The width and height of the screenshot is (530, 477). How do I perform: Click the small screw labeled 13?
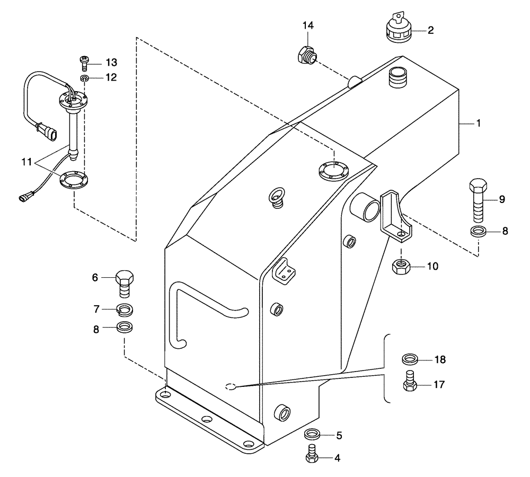pyautogui.click(x=84, y=63)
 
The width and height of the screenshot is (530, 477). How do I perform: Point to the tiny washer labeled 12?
pyautogui.click(x=84, y=78)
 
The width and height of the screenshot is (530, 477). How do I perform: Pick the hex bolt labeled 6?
pyautogui.click(x=125, y=283)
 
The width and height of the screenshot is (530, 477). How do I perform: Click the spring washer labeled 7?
pyautogui.click(x=125, y=309)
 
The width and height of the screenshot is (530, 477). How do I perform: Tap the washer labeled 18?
pyautogui.click(x=409, y=360)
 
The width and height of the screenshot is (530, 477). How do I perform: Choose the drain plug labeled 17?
pyautogui.click(x=409, y=383)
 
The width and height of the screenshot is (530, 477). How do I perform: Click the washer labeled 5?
pyautogui.click(x=312, y=435)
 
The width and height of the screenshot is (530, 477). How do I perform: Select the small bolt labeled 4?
pyautogui.click(x=312, y=454)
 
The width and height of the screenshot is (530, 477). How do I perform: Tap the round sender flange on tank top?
pyautogui.click(x=333, y=170)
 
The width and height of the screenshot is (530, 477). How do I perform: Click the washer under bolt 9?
pyautogui.click(x=479, y=231)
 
